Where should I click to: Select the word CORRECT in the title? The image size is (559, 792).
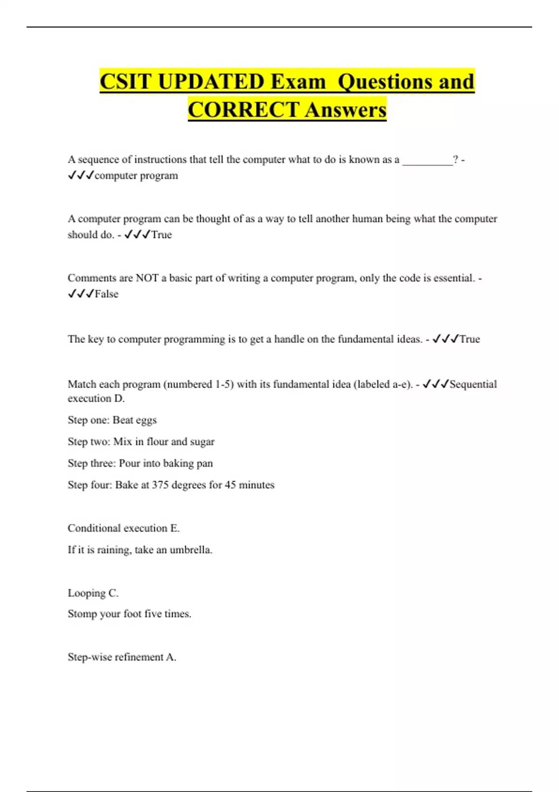(x=243, y=110)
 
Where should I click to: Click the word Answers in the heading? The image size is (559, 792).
(x=346, y=110)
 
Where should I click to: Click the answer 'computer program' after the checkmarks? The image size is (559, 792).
(x=136, y=176)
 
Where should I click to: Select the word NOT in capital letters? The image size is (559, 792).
(x=147, y=278)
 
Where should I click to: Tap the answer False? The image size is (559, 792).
(x=106, y=294)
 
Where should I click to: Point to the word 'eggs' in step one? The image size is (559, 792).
(x=146, y=420)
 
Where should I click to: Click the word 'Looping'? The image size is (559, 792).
(x=87, y=593)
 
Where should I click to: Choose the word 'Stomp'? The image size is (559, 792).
(x=82, y=614)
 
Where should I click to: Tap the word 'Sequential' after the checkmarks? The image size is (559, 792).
(x=473, y=384)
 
